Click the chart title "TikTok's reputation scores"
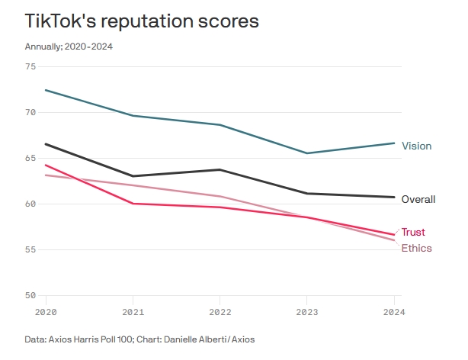point(142,21)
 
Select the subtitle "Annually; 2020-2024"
point(69,47)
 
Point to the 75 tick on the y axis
point(30,66)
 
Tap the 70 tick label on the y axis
point(30,112)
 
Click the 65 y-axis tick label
point(30,158)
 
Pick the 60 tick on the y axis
point(30,204)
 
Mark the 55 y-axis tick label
point(30,249)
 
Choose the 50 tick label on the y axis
point(30,295)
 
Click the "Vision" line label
point(416,146)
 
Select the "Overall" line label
point(418,200)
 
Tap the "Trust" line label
point(413,232)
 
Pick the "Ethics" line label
point(416,248)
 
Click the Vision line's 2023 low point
point(306,153)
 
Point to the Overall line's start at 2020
point(46,143)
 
